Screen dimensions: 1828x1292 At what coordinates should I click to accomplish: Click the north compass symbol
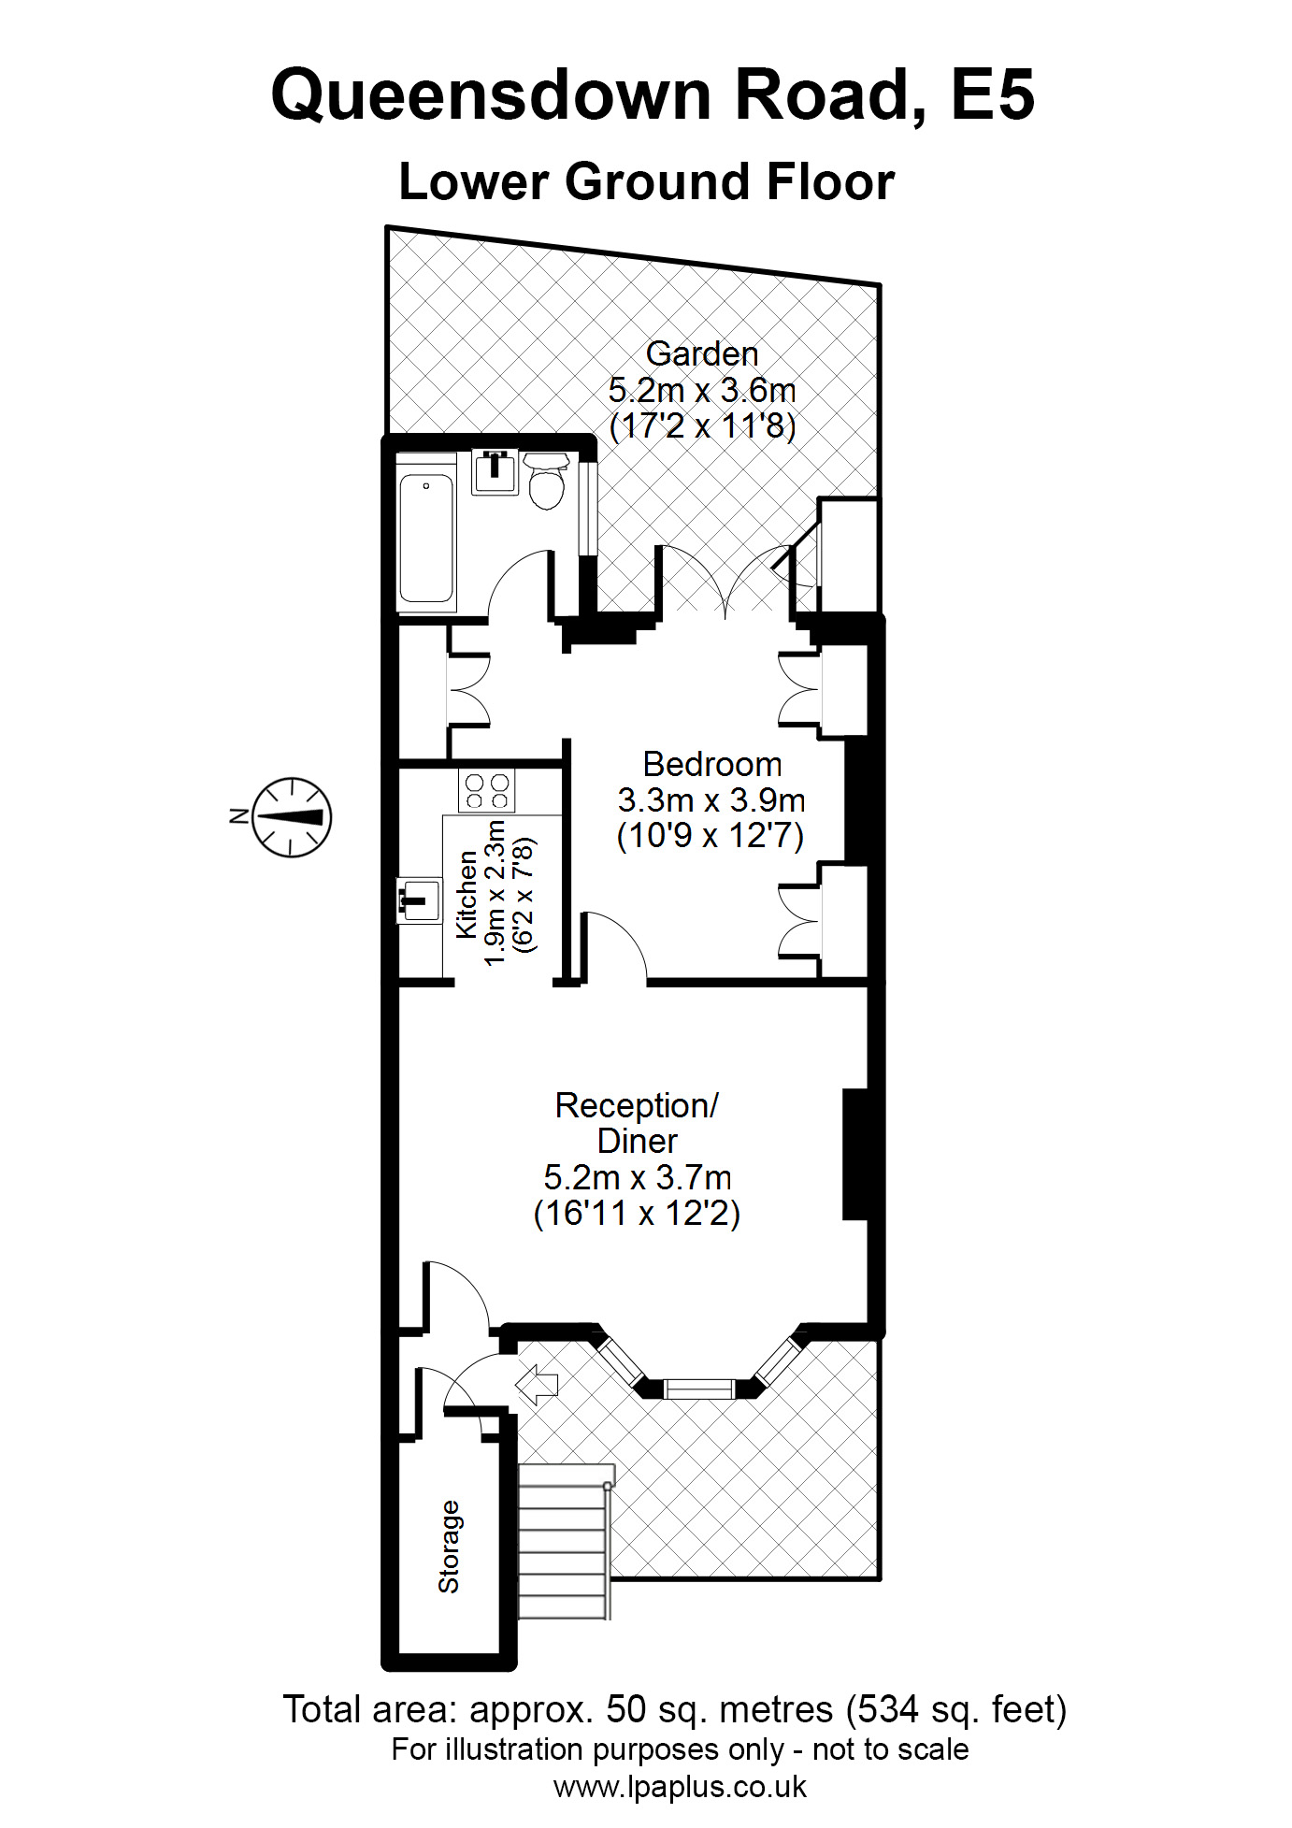click(292, 817)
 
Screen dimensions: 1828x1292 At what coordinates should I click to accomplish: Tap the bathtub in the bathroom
click(426, 538)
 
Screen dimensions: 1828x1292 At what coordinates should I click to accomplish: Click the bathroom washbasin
click(495, 471)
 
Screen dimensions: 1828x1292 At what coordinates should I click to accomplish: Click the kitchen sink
click(419, 900)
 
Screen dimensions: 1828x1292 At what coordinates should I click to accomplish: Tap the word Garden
click(701, 354)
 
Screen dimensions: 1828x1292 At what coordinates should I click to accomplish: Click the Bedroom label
click(711, 765)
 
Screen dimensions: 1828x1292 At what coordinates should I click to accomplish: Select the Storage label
click(450, 1547)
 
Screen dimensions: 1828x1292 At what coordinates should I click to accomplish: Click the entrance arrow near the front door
click(538, 1384)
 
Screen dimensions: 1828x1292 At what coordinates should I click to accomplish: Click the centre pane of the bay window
click(699, 1388)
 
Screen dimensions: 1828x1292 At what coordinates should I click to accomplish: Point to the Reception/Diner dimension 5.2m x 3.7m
click(637, 1177)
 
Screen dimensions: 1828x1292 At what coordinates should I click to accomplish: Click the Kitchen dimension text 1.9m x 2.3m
click(495, 893)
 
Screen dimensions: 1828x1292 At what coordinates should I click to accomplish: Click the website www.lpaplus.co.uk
click(680, 1787)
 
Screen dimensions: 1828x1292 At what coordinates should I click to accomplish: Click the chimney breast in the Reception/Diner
click(855, 1154)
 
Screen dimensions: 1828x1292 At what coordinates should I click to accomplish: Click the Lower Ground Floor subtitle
click(646, 182)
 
